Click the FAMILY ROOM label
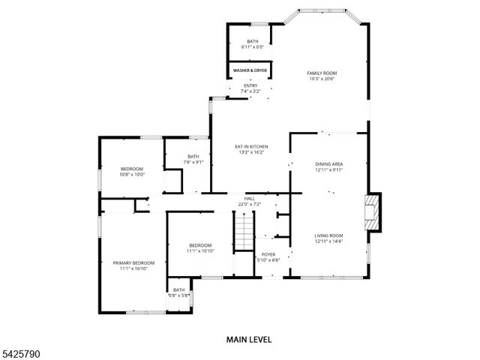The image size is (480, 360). point(322,73)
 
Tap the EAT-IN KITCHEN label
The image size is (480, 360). point(251,146)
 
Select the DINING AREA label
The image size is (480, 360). point(328,163)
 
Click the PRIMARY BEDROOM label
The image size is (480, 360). point(133,262)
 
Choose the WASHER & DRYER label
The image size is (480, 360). point(250,70)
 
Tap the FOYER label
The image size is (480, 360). point(268,254)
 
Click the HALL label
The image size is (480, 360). point(250,199)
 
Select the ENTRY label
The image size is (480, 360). point(250,85)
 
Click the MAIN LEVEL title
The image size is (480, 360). point(249,340)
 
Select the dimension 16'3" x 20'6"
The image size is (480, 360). point(322,79)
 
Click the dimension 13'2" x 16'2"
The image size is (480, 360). point(251,152)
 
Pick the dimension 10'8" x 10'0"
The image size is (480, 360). point(132,175)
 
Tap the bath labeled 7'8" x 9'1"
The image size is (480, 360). point(193,159)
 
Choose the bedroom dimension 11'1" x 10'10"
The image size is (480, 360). point(200,251)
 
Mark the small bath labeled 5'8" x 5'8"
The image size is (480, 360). point(178,292)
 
